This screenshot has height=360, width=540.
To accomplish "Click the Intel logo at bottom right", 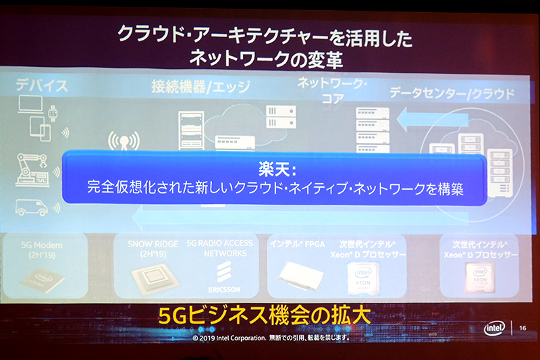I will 495,328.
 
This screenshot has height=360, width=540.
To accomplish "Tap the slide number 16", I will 522,328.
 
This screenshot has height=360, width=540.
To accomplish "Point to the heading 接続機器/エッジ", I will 196,86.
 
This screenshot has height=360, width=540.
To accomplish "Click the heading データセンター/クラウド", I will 452,93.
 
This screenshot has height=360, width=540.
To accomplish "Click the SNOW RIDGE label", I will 148,242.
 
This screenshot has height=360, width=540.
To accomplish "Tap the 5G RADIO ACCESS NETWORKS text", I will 219,248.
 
